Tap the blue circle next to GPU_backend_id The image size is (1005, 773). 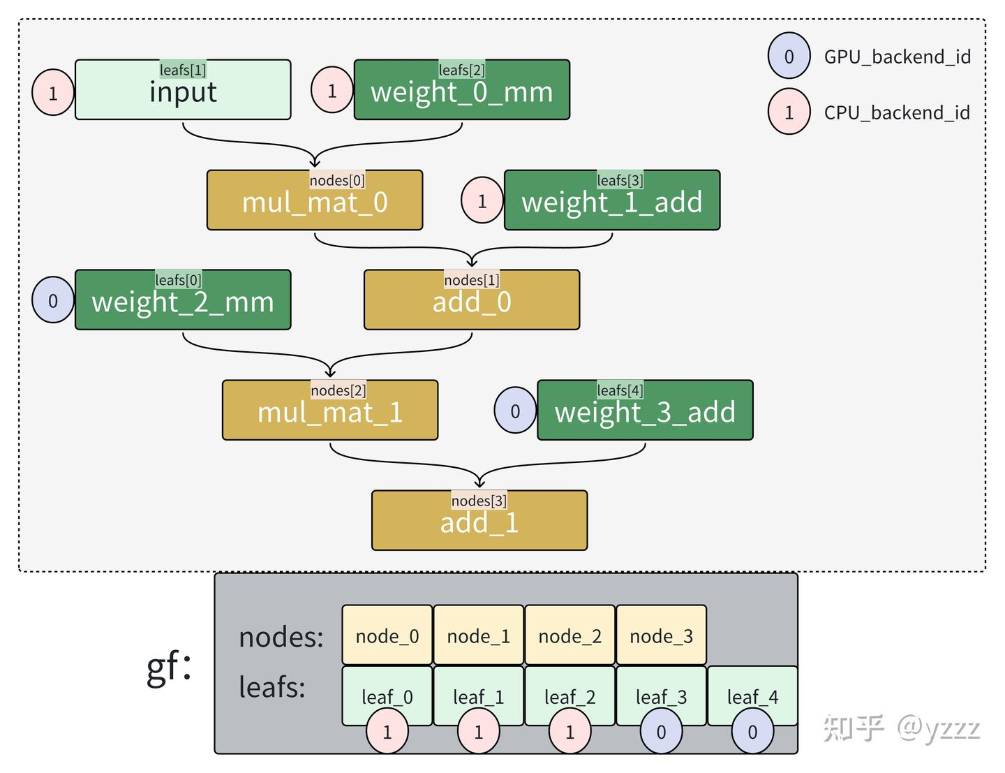pos(789,56)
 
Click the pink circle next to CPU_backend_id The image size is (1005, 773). pos(789,112)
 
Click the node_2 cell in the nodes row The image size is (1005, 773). pos(569,635)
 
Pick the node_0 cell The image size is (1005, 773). pos(387,635)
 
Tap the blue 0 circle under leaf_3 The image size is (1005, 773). pos(661,731)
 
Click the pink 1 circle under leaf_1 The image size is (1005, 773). pos(479,731)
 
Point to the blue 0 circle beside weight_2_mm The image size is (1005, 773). pos(53,300)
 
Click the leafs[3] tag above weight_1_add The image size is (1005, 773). pos(620,180)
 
